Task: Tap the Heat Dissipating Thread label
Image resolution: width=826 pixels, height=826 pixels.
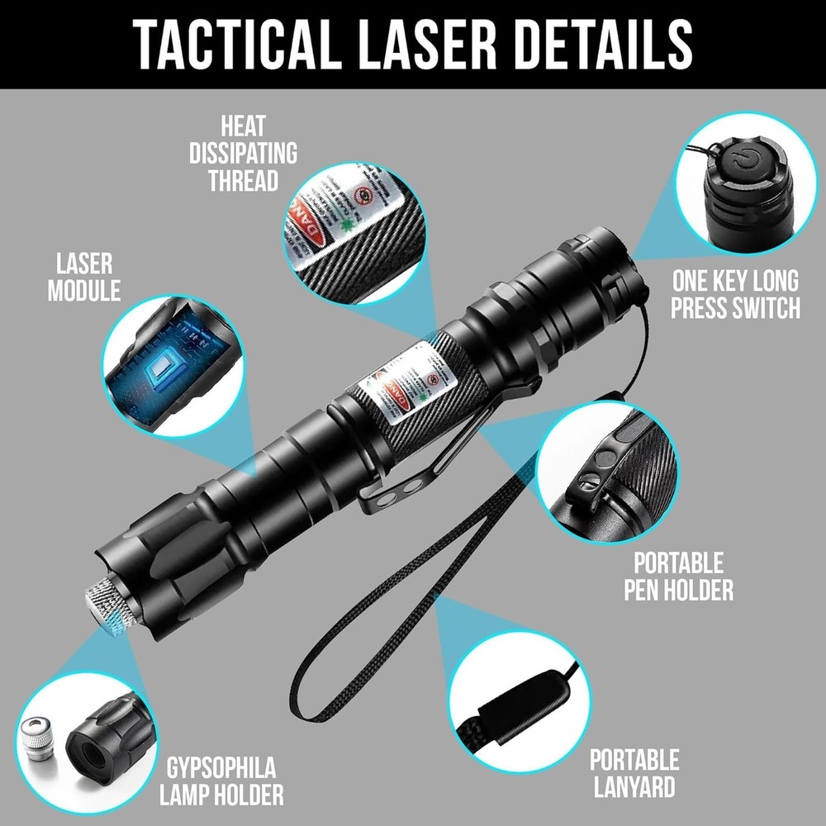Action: point(243,154)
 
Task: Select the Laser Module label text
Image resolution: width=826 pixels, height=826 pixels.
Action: point(83,278)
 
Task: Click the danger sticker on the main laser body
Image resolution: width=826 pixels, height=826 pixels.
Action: point(405,376)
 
